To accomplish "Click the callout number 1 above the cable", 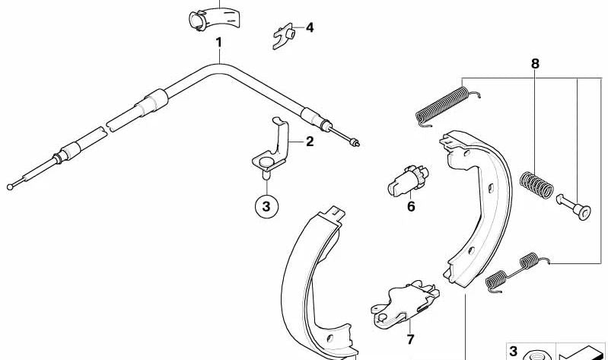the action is pyautogui.click(x=219, y=43).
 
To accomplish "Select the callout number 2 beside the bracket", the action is pyautogui.click(x=310, y=142).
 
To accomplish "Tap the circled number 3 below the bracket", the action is pyautogui.click(x=266, y=206).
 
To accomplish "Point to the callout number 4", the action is pyautogui.click(x=310, y=28).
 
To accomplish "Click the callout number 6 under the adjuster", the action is pyautogui.click(x=411, y=206).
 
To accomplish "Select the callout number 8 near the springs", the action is pyautogui.click(x=535, y=64).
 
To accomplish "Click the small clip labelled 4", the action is pyautogui.click(x=284, y=36).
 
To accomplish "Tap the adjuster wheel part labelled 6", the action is pyautogui.click(x=408, y=180).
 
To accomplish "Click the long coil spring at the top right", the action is pyautogui.click(x=447, y=106).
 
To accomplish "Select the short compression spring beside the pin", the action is pyautogui.click(x=536, y=185).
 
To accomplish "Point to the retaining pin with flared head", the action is pyautogui.click(x=574, y=207).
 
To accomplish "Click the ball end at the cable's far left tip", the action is pyautogui.click(x=10, y=187).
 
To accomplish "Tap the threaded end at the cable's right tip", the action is pyautogui.click(x=354, y=143).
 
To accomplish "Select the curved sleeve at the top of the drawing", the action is pyautogui.click(x=215, y=18).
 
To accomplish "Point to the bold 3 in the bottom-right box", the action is pyautogui.click(x=514, y=352).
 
